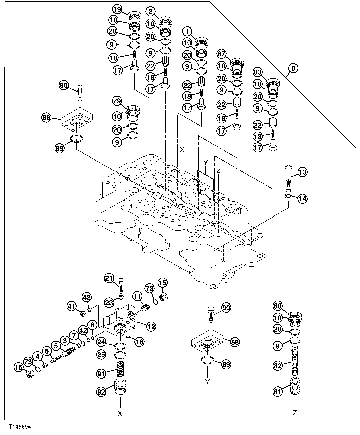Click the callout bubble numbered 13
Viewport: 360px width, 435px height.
302,172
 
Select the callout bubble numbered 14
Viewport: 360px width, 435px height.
302,198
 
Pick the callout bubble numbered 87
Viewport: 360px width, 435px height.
221,54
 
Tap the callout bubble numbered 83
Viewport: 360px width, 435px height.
257,72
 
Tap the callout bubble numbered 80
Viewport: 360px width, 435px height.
278,305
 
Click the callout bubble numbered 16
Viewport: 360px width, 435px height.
139,342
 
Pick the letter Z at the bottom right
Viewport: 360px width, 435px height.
295,413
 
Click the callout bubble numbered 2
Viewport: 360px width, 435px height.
151,12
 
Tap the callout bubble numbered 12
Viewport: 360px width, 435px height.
151,326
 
